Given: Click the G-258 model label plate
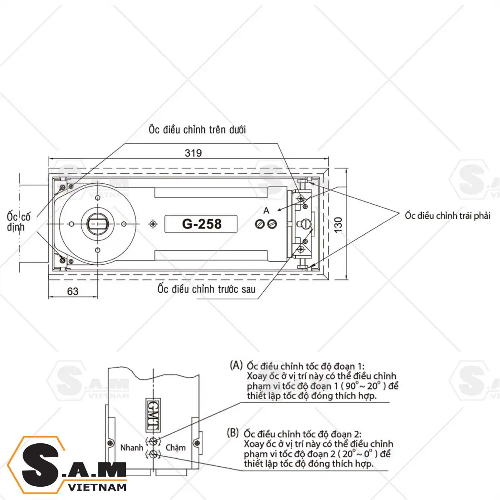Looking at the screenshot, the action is (201, 224).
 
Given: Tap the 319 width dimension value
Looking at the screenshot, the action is (193, 153).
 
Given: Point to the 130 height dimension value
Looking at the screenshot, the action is (338, 225).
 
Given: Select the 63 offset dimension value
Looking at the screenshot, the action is (72, 291).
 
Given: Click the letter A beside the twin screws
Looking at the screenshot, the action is (266, 211).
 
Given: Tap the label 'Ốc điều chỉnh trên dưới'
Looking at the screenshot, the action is (197, 130).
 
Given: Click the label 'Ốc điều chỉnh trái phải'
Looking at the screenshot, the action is (447, 215).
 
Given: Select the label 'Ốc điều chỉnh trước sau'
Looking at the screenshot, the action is (206, 289).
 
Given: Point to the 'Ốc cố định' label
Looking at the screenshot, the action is (19, 222).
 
